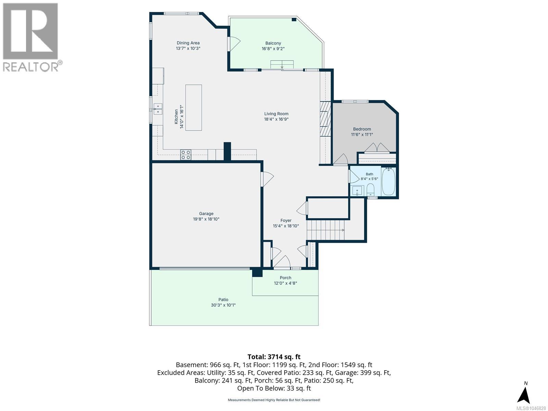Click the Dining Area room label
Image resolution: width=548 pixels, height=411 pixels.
(x=188, y=43)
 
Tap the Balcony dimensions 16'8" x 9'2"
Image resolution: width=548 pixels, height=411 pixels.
(x=273, y=49)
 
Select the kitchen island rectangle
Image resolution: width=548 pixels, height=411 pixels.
(x=194, y=108)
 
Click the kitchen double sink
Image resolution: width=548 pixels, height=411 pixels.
(x=158, y=109)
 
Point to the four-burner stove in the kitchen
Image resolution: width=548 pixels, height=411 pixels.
(x=186, y=155)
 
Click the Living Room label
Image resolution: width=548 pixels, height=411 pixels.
(x=276, y=114)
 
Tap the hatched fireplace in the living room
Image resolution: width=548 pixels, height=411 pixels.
(x=325, y=119)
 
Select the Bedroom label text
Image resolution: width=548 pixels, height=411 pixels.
(x=362, y=129)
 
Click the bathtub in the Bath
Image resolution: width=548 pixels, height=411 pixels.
(x=388, y=182)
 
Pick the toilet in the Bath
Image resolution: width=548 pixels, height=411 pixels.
(x=370, y=190)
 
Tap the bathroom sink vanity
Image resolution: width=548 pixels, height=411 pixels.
(x=357, y=191)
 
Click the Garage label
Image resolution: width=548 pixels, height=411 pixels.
(x=206, y=214)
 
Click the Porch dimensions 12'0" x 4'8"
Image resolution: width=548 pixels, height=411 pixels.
(x=285, y=283)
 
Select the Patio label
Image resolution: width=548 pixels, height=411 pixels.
(x=223, y=299)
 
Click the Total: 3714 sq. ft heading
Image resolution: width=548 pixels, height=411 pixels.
(x=274, y=357)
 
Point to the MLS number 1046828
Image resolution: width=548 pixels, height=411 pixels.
(x=531, y=409)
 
